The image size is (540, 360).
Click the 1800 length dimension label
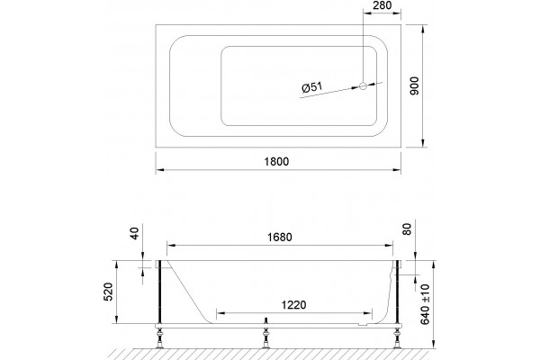click(x=276, y=161)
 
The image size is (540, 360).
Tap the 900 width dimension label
click(x=415, y=86)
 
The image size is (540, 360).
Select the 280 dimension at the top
click(x=382, y=5)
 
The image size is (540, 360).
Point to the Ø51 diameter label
click(x=312, y=87)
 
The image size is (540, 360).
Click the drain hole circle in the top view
click(x=364, y=85)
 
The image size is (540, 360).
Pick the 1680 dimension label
click(x=280, y=237)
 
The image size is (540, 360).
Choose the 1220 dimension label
click(x=293, y=305)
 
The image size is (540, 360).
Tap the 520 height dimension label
click(x=109, y=292)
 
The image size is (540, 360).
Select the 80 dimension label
click(x=407, y=229)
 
